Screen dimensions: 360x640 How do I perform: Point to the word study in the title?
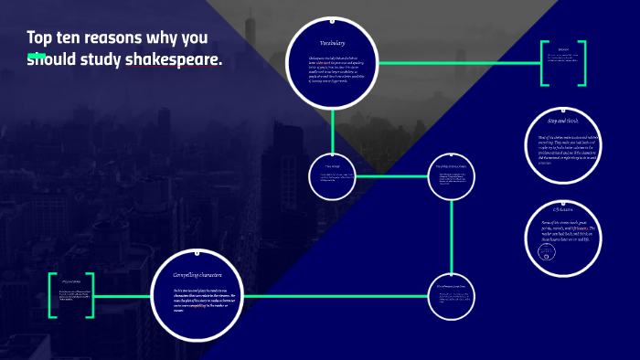pyautogui.click(x=100, y=60)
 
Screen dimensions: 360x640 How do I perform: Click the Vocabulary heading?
pyautogui.click(x=332, y=43)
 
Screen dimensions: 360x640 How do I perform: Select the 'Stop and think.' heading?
pyautogui.click(x=563, y=121)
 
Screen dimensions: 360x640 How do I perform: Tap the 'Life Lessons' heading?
pyautogui.click(x=563, y=211)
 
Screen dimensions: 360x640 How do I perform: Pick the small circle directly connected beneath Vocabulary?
pyautogui.click(x=332, y=175)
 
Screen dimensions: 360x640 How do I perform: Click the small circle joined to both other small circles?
pyautogui.click(x=452, y=175)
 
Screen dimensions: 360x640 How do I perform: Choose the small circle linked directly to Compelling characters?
pyautogui.click(x=452, y=294)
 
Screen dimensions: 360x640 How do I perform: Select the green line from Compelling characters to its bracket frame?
pyautogui.click(x=123, y=294)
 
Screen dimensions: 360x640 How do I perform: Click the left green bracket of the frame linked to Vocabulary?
pyautogui.click(x=542, y=64)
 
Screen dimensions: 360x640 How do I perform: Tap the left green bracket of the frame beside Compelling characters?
pyautogui.click(x=53, y=294)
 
